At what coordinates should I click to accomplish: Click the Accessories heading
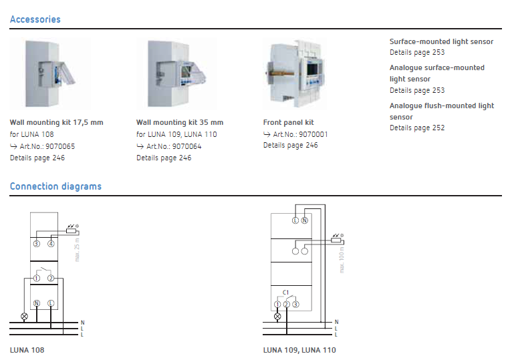35,19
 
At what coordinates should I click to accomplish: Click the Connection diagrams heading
55,186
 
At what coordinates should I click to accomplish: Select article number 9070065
60,146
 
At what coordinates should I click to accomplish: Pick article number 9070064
186,146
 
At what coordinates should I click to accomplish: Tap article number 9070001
313,134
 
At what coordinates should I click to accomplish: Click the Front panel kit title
289,122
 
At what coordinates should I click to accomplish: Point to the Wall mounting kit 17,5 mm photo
50,73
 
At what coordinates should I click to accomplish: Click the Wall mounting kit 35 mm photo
176,73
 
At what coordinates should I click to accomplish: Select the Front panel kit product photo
295,73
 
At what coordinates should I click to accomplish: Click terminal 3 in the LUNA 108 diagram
36,244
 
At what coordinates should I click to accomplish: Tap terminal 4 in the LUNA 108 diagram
51,244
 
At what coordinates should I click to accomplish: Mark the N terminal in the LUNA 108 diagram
36,303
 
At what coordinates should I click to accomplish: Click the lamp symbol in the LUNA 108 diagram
24,316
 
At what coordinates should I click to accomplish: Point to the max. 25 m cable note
77,250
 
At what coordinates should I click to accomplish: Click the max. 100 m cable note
342,260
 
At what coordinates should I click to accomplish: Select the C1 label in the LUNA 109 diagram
285,293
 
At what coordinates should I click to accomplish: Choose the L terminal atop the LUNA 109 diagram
295,220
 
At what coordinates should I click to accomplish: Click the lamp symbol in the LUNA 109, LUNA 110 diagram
277,316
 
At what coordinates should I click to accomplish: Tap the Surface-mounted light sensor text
441,41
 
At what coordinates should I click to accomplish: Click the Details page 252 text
417,128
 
